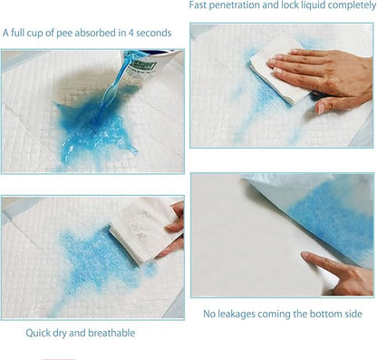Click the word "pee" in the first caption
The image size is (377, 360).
click(x=64, y=34)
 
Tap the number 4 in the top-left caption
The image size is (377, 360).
click(x=130, y=33)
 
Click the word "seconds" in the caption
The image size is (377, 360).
click(x=154, y=33)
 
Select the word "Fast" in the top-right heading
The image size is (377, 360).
click(x=198, y=5)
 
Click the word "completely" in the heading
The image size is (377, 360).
click(x=350, y=5)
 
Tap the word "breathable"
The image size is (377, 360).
click(x=111, y=333)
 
